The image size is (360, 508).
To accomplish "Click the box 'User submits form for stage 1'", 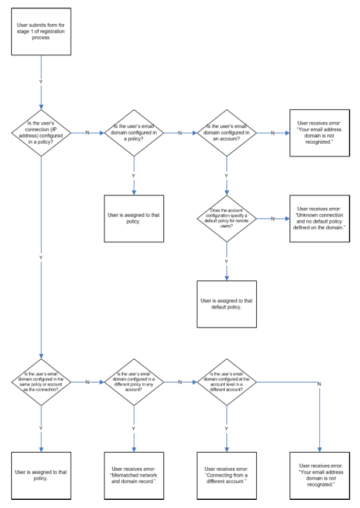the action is [x=41, y=32].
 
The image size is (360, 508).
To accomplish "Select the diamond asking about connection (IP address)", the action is [x=41, y=133].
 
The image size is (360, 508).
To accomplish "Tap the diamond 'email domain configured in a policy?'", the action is [x=134, y=133].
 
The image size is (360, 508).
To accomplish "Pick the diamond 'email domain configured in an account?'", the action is [x=226, y=133].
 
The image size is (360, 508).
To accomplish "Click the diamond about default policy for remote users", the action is [x=226, y=219].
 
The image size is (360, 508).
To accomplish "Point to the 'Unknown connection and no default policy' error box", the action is [x=320, y=219].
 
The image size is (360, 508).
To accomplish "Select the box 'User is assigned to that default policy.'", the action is [x=226, y=304].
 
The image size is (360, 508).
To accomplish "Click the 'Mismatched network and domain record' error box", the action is [x=134, y=476].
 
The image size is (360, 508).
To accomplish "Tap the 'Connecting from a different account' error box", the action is [x=226, y=476].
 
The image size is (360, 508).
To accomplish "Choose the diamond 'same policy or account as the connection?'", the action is [x=41, y=382].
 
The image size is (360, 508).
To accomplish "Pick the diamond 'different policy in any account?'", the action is [x=134, y=382].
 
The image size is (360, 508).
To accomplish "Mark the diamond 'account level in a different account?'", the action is [x=226, y=382].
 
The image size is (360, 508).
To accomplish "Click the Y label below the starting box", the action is [x=41, y=82].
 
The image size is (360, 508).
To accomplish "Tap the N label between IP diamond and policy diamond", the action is [x=87, y=133].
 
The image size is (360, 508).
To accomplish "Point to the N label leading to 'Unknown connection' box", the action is [x=272, y=219].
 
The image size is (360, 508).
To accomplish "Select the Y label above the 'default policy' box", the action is [x=226, y=262].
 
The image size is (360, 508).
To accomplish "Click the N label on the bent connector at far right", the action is [x=319, y=384].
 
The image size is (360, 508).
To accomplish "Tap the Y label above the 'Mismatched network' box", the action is [x=134, y=429].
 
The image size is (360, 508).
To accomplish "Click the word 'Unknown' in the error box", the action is [x=307, y=215].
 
